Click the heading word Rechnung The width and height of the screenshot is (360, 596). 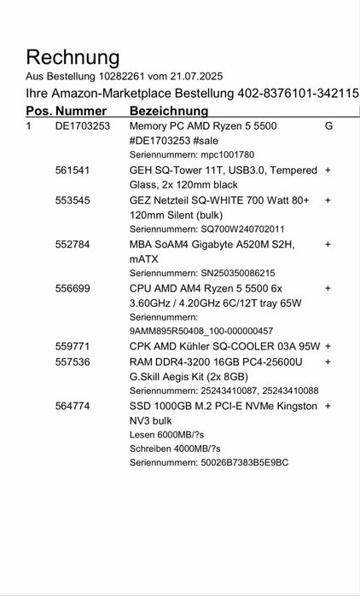[73, 58]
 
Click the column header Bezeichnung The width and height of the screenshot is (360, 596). [169, 111]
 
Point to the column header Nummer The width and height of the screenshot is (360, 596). [81, 111]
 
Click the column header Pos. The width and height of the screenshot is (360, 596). [38, 111]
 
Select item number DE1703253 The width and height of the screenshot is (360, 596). [83, 126]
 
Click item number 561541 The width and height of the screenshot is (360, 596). [73, 171]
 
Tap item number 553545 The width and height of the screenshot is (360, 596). [73, 200]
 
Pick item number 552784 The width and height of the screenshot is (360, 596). [73, 244]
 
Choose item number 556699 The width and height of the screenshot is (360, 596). [73, 288]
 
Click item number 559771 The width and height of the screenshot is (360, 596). [73, 346]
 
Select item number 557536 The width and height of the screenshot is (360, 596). [73, 362]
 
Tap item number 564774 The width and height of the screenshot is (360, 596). [73, 406]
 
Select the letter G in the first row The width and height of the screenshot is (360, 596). [328, 126]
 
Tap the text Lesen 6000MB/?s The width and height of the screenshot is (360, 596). [170, 434]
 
